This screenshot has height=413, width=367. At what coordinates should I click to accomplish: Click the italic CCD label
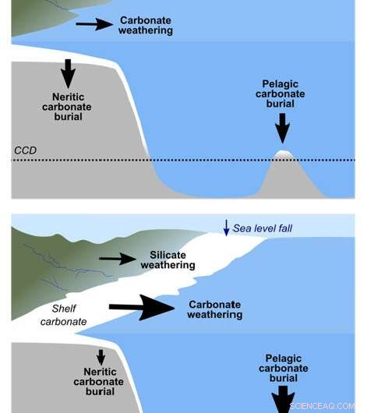tap(25, 150)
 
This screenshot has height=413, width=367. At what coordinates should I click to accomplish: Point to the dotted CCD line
tap(183, 160)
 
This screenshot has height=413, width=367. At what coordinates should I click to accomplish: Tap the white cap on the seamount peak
tap(282, 154)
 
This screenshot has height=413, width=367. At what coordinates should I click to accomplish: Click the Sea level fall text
tap(263, 228)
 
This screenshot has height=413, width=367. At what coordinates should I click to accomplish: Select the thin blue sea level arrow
tap(226, 228)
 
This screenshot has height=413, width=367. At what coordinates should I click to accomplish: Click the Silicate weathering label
tap(168, 260)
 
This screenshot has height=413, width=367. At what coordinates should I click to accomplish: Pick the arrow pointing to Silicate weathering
tap(117, 259)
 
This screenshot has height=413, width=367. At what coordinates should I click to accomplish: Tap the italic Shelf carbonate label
tap(63, 315)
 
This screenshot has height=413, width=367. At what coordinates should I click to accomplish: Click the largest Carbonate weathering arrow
tap(142, 307)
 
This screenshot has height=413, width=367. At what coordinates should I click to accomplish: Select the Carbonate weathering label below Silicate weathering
tap(215, 309)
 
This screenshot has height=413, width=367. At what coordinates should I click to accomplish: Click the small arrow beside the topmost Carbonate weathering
tap(94, 24)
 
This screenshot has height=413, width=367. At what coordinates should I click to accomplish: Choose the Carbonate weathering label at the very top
tap(146, 25)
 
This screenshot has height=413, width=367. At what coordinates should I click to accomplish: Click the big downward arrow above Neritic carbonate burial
tap(68, 73)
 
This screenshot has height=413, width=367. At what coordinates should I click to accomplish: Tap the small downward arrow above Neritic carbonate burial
tap(101, 358)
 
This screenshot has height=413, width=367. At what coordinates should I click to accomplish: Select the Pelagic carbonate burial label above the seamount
tap(281, 94)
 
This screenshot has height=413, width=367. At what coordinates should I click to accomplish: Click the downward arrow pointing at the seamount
tap(282, 129)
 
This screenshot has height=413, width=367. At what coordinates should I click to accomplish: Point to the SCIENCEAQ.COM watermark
tap(322, 406)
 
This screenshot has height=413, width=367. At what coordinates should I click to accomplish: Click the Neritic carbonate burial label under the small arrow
tap(99, 382)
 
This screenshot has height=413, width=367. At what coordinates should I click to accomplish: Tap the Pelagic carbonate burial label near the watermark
tap(284, 369)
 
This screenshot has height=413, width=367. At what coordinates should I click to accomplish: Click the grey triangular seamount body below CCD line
tap(287, 179)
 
